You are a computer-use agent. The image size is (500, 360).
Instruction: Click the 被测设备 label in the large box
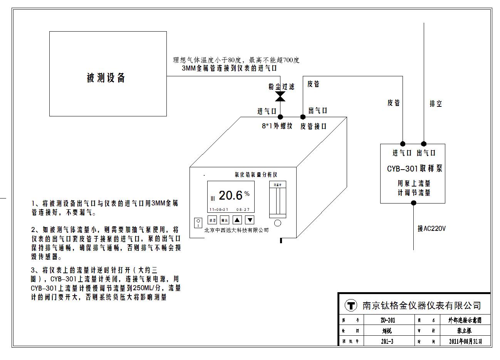pyautogui.click(x=106, y=78)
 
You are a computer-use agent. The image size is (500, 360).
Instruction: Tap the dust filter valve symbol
pyautogui.click(x=280, y=96)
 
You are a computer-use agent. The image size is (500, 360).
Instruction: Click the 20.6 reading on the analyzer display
pyautogui.click(x=230, y=195)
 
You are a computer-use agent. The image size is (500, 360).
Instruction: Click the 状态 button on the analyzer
pyautogui.click(x=212, y=220)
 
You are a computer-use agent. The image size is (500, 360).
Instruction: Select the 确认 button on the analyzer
pyautogui.click(x=224, y=220)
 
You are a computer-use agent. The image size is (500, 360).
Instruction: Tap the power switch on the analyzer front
pyautogui.click(x=198, y=223)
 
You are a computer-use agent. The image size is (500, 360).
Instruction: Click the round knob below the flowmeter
pyautogui.click(x=277, y=223)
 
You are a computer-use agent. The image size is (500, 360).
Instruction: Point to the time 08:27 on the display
pyautogui.click(x=243, y=210)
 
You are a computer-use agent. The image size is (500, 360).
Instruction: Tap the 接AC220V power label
pyautogui.click(x=431, y=229)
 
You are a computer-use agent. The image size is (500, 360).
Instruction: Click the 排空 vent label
pyautogui.click(x=436, y=104)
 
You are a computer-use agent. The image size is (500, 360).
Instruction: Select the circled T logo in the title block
pyautogui.click(x=350, y=306)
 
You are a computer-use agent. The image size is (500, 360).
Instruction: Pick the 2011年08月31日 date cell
pyautogui.click(x=465, y=341)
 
